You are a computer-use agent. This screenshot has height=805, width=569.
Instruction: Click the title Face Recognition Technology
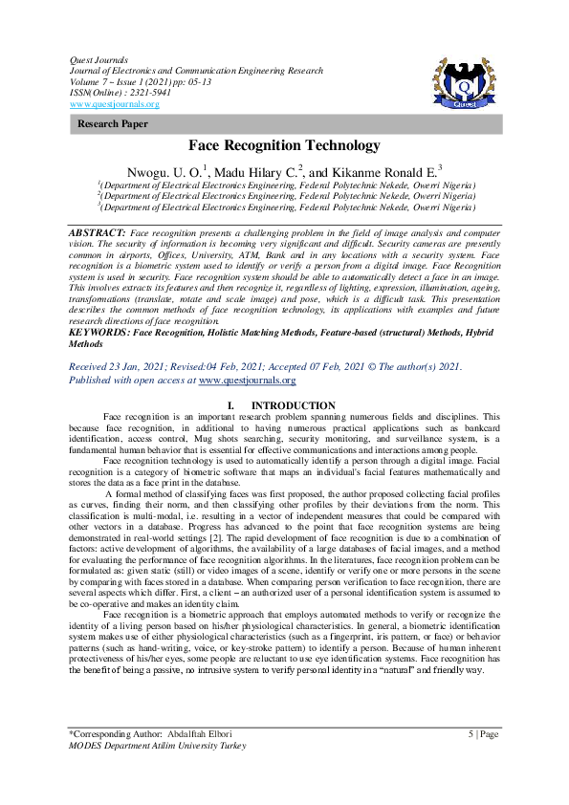284,145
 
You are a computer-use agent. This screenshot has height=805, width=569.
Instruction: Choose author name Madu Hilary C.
253,170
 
